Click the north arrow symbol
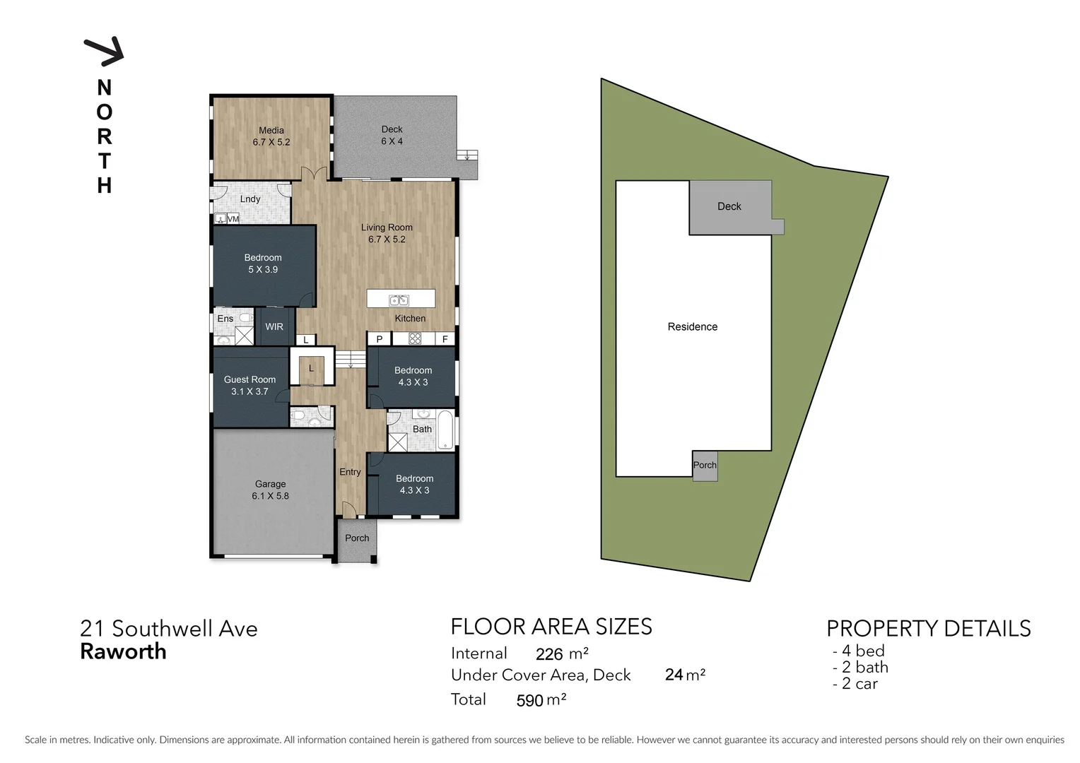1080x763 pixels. coord(105,51)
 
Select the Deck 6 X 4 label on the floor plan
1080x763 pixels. coord(392,135)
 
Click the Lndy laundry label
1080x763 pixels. coord(250,199)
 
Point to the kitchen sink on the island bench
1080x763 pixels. coord(399,300)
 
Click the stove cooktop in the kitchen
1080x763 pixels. coord(415,339)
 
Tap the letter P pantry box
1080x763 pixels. coord(380,339)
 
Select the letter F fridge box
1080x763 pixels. coord(445,339)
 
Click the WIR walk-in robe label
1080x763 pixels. coord(274,327)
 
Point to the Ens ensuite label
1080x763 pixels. coord(225,319)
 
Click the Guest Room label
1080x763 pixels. coord(250,385)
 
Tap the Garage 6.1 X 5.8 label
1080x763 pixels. coord(270,490)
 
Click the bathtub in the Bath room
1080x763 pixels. coord(445,430)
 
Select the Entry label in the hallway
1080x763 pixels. coord(350,472)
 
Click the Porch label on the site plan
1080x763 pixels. coord(705,465)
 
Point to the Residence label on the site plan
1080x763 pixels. coord(692,326)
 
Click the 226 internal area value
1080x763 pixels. coord(549,654)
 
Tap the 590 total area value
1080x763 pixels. coord(529,700)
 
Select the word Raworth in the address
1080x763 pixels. coord(123,651)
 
